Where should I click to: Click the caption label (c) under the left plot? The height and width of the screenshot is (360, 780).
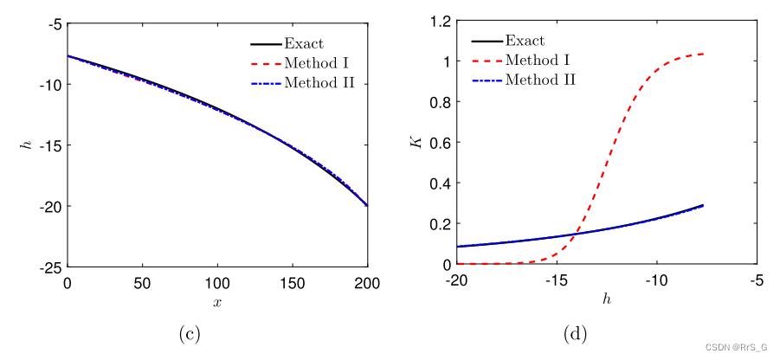(188, 332)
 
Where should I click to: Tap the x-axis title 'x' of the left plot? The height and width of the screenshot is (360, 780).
(217, 302)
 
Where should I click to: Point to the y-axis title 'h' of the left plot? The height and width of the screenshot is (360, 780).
(25, 145)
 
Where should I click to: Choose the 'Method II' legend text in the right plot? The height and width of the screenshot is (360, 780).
(541, 80)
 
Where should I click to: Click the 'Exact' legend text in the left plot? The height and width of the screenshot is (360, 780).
(304, 42)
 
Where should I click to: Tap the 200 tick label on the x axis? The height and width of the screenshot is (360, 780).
(367, 283)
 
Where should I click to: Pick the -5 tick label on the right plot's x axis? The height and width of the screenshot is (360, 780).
(756, 281)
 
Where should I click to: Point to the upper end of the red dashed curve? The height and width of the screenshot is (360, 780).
(703, 54)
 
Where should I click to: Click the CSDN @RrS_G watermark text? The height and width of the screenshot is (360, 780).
(736, 348)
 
